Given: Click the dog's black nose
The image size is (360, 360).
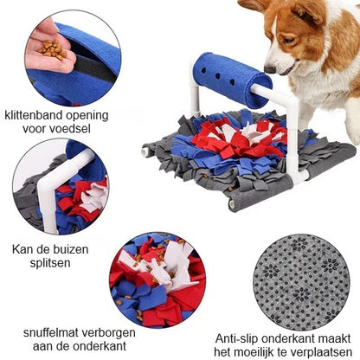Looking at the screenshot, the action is click(x=270, y=69).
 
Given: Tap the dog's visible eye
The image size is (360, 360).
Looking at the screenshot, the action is click(x=288, y=41).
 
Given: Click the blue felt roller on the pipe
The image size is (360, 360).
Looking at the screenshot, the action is click(x=233, y=80).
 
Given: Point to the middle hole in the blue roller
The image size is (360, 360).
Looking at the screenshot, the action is click(x=218, y=76).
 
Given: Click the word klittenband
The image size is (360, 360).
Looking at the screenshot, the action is click(x=33, y=115).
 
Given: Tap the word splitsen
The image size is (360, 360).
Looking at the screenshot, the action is click(x=50, y=263).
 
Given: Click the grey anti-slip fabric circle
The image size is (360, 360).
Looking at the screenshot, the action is click(x=301, y=282).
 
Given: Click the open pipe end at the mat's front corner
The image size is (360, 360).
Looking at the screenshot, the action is click(x=232, y=204).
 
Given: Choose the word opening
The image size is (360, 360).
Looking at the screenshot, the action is click(x=87, y=116).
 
